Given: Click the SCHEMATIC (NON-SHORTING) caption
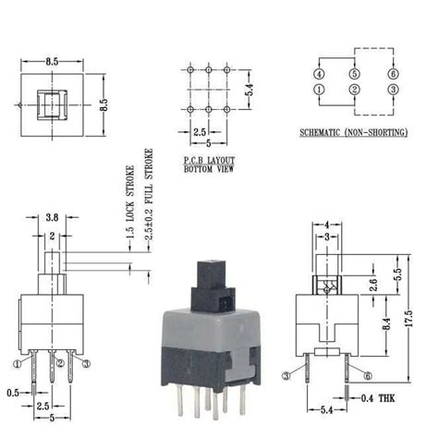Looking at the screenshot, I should (353, 133).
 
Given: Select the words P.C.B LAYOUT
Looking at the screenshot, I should (211, 161).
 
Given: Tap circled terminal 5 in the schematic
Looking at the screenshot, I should (353, 74).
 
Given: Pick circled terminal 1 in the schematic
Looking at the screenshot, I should (319, 90).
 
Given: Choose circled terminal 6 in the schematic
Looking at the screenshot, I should (392, 74).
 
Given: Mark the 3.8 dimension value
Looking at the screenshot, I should (53, 220).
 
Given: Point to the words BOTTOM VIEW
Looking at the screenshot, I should (211, 170).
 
